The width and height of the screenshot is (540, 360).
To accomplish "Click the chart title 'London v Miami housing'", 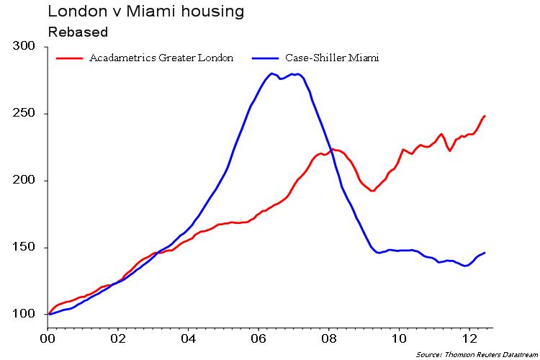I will [145, 12].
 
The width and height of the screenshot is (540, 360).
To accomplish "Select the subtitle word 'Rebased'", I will [78, 32].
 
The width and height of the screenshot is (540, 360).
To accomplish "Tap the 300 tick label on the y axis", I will [24, 46].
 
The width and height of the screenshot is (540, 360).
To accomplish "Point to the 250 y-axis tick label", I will [24, 114].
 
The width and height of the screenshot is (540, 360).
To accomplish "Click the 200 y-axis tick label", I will [24, 181].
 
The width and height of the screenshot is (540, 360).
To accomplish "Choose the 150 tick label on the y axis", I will [24, 248].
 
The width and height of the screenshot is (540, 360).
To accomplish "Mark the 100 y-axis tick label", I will [24, 315].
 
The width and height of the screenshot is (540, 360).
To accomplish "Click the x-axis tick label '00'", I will [48, 336].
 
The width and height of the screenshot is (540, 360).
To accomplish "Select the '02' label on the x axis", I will [118, 336].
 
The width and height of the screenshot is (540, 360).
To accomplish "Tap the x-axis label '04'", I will [189, 336].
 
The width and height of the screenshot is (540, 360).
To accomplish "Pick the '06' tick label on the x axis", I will [258, 336].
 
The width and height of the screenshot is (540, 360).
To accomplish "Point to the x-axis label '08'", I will [329, 336].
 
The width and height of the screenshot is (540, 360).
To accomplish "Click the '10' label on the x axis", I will [399, 336].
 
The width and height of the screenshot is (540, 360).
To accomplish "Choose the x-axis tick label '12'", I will [469, 336].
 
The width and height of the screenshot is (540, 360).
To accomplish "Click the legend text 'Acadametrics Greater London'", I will [161, 58].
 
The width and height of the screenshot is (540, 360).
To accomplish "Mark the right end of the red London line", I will [485, 116].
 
